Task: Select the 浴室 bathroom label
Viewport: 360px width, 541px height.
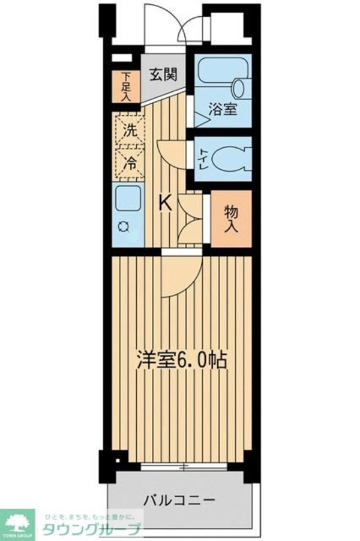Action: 223,109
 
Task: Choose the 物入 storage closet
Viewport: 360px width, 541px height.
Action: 232,220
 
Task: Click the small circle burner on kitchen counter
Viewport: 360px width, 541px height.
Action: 125,226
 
